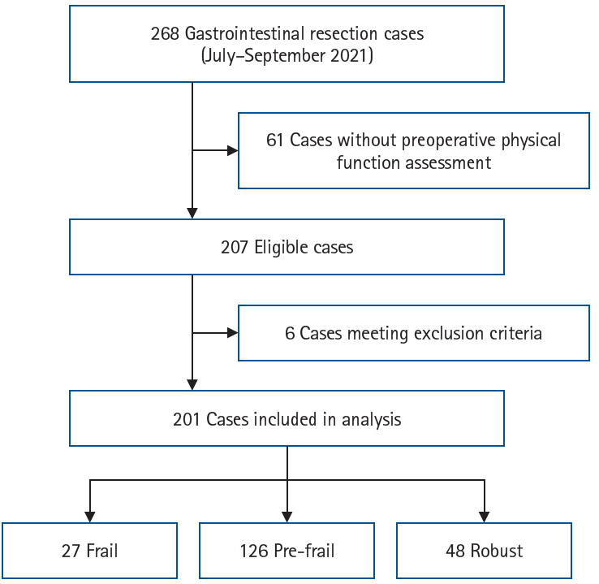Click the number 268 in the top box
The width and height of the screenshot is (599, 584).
click(x=165, y=34)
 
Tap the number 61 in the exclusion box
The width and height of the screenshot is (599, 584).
click(x=275, y=140)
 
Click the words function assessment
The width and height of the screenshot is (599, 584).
click(x=413, y=162)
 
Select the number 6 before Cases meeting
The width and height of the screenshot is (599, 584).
click(x=290, y=333)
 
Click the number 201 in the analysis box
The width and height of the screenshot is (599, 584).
click(x=187, y=419)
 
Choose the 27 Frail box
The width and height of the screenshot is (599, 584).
click(x=89, y=551)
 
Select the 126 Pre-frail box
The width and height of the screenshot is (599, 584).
click(x=287, y=551)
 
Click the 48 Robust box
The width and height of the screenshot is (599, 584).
click(x=484, y=551)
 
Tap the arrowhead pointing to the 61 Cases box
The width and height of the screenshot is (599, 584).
click(x=232, y=150)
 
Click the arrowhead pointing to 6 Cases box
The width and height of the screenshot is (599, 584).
click(x=232, y=333)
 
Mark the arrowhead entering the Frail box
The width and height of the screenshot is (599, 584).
click(x=89, y=517)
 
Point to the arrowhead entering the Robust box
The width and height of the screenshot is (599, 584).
click(x=484, y=517)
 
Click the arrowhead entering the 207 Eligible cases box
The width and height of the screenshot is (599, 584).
click(x=192, y=213)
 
